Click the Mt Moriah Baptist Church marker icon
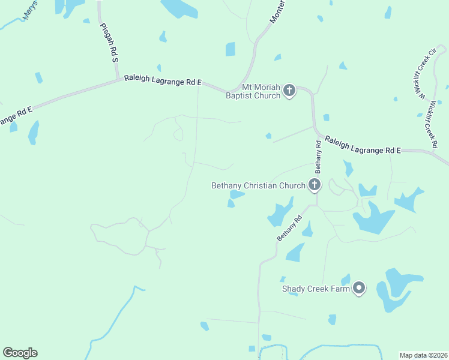coord(289,91)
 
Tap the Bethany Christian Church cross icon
coord(314,185)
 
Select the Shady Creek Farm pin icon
coord(359,289)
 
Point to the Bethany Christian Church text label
coord(258,185)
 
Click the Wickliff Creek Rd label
coord(433,123)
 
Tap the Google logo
coord(20,353)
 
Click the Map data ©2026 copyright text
coord(424,355)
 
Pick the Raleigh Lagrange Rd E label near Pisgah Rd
coord(163,81)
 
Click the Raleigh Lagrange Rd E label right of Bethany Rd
coord(363,146)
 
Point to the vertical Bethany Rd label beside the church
coord(318,154)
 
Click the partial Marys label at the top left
coord(30,11)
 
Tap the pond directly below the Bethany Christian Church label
coord(237,194)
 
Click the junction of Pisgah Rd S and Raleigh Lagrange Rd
coord(118,79)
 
